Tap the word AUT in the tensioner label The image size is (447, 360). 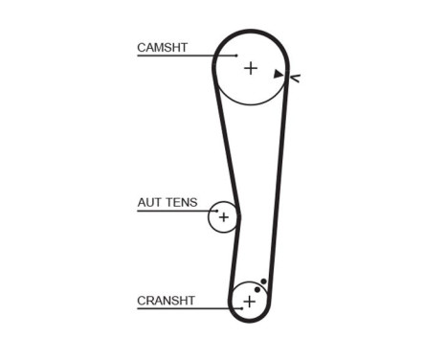(x=149, y=202)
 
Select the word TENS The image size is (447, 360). (x=182, y=202)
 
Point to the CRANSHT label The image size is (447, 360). (x=166, y=301)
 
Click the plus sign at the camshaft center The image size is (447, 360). (x=250, y=68)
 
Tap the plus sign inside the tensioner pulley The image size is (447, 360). (x=223, y=217)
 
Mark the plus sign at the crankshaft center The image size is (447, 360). (x=249, y=302)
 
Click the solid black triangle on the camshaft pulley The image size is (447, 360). (x=278, y=73)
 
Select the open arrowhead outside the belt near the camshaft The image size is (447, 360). (x=294, y=78)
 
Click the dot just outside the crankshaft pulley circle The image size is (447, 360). (x=263, y=281)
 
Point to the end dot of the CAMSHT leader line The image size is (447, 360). (x=237, y=56)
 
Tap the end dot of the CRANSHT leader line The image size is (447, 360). (x=231, y=308)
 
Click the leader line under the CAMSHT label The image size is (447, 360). (x=182, y=56)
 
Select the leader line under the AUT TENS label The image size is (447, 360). (x=172, y=211)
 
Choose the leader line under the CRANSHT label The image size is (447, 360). (x=177, y=308)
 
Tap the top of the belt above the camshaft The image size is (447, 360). (x=251, y=31)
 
